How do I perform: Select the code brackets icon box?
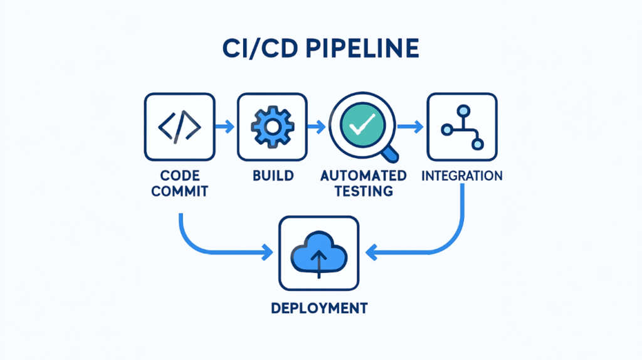pos(179,127)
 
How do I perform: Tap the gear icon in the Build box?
pos(271,127)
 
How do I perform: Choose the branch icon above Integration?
pos(461,127)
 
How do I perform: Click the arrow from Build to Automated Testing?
pos(317,127)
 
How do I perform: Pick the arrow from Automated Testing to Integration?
pos(411,127)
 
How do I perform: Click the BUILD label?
pos(272,175)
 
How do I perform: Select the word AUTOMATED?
pos(364,175)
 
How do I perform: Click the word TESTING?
pos(364,191)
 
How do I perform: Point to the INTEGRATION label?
pos(461,175)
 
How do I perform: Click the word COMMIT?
pos(179,191)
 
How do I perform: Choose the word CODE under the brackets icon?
pos(179,175)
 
